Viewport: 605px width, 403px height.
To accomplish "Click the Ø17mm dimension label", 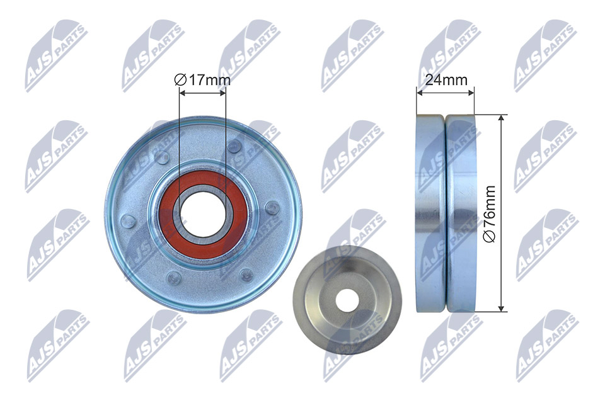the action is (202, 80).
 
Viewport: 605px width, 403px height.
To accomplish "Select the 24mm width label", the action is (446, 80).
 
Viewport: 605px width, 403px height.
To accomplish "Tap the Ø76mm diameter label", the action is (489, 214).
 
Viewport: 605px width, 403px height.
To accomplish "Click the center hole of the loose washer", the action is (346, 300).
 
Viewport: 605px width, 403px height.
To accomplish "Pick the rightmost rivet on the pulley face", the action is (272, 208).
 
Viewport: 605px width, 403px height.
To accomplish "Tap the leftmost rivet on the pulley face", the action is (127, 220).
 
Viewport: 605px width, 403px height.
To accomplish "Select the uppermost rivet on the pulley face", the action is (233, 146).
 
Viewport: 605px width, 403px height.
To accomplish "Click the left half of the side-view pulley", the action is (430, 213).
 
